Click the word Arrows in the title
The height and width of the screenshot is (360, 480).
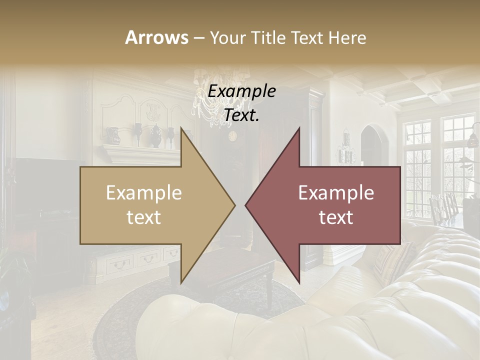156,37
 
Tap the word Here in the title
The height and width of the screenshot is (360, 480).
347,37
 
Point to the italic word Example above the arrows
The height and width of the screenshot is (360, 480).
242,91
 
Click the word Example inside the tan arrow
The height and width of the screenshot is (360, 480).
144,193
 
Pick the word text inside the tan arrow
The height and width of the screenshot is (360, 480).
144,217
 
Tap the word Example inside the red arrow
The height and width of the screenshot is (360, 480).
336,193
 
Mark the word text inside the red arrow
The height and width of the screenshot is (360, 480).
336,217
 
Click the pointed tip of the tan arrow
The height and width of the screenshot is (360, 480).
233,205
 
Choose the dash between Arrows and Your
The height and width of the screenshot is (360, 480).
198,38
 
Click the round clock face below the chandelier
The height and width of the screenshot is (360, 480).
232,135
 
